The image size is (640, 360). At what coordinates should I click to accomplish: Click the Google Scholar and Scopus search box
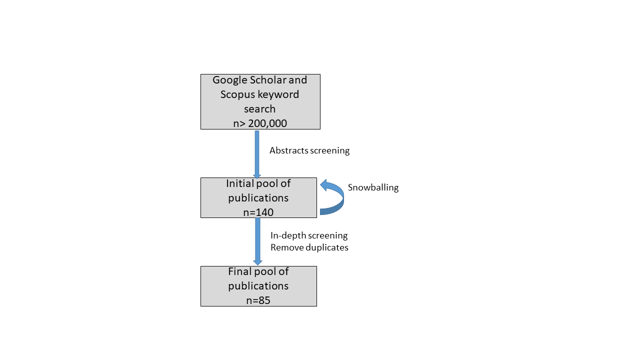(260, 101)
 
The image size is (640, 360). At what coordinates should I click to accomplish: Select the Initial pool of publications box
(258, 197)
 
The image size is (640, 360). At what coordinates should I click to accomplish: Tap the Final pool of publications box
(258, 286)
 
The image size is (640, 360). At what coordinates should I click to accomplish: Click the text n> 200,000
(260, 123)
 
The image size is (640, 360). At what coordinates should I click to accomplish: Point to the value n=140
(258, 212)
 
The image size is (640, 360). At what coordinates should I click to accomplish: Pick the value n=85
(258, 300)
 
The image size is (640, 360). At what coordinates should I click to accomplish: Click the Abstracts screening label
(309, 150)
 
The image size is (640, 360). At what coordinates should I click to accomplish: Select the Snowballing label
(373, 187)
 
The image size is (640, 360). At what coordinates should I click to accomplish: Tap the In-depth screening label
(309, 235)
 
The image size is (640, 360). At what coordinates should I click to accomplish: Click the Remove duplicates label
(309, 247)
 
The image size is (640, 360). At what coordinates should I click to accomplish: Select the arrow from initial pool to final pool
(257, 241)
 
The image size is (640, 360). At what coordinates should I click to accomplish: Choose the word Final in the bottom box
(241, 271)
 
